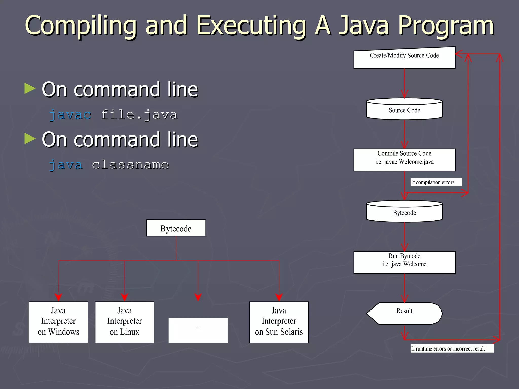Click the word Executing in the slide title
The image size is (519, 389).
[251, 26]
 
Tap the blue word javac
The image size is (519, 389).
[70, 115]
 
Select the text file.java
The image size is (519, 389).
[139, 115]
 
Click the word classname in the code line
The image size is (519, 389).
[130, 165]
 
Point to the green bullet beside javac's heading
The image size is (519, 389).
[30, 89]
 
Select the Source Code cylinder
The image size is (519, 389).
[404, 109]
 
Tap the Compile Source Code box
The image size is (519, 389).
[404, 160]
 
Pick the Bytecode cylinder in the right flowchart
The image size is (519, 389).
[404, 212]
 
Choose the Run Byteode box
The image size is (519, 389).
[404, 262]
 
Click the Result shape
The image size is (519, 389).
[404, 314]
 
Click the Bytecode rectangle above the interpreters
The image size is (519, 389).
[176, 228]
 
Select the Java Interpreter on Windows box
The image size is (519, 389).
[58, 322]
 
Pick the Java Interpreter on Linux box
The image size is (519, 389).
[124, 322]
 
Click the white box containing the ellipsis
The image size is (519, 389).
[198, 330]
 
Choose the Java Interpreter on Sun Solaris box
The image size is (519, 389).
[279, 322]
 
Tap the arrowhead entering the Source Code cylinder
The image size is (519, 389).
[404, 94]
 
